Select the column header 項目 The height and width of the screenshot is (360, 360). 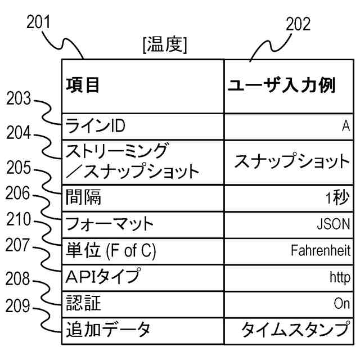coord(83,85)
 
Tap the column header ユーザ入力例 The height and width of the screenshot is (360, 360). coord(281,85)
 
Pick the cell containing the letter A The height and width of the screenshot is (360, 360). coord(345,126)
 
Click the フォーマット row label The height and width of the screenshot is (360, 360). coord(110,224)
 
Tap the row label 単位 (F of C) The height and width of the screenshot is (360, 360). coord(111,250)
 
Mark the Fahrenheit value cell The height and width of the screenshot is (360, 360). coord(321,250)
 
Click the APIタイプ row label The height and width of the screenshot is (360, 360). coord(102,277)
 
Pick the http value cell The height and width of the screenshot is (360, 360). coord(340,277)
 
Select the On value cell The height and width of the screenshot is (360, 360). coord(341,304)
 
